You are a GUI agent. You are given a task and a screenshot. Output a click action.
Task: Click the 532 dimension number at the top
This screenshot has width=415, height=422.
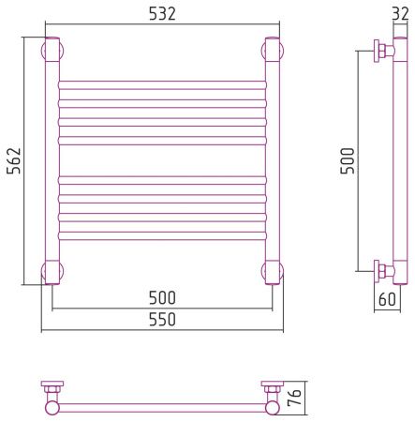coord(162,14)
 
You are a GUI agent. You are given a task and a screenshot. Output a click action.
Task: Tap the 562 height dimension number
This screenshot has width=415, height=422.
coord(14,160)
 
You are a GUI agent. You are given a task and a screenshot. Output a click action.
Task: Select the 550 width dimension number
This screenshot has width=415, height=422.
coord(162,320)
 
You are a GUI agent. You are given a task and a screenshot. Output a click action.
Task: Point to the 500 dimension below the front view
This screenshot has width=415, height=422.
coord(162,298)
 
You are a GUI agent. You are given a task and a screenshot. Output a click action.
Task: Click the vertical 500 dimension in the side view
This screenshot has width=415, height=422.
coord(348,160)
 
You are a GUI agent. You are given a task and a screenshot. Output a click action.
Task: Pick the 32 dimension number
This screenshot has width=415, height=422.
coord(400,14)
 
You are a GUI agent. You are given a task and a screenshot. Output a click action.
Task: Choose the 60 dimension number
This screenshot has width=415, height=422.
coord(387,299)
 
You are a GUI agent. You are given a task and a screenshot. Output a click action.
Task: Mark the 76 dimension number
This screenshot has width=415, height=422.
coord(295,398)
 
